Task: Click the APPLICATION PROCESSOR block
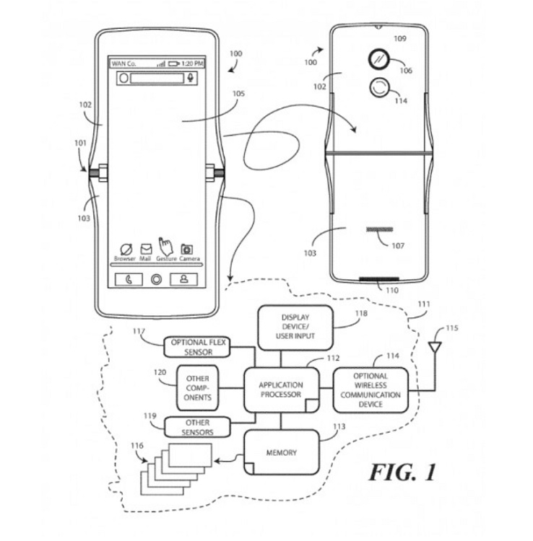pyautogui.click(x=281, y=390)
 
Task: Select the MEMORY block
pyautogui.click(x=281, y=452)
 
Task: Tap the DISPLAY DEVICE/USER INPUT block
pyautogui.click(x=295, y=327)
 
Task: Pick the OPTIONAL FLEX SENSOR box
pyautogui.click(x=197, y=347)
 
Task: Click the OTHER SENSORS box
pyautogui.click(x=197, y=427)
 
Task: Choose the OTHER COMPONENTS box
pyautogui.click(x=197, y=388)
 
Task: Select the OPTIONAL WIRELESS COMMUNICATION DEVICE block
pyautogui.click(x=370, y=390)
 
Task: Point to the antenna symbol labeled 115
pyautogui.click(x=435, y=347)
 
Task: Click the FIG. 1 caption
pyautogui.click(x=402, y=472)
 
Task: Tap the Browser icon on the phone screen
pyautogui.click(x=126, y=249)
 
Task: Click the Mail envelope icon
pyautogui.click(x=146, y=249)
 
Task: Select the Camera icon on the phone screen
pyautogui.click(x=187, y=249)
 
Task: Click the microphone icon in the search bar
pyautogui.click(x=191, y=78)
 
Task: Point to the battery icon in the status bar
pyautogui.click(x=174, y=63)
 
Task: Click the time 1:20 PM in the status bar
pyautogui.click(x=192, y=63)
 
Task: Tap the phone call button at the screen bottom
pyautogui.click(x=129, y=279)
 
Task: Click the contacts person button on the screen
pyautogui.click(x=183, y=279)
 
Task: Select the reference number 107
pyautogui.click(x=398, y=246)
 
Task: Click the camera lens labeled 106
pyautogui.click(x=379, y=59)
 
